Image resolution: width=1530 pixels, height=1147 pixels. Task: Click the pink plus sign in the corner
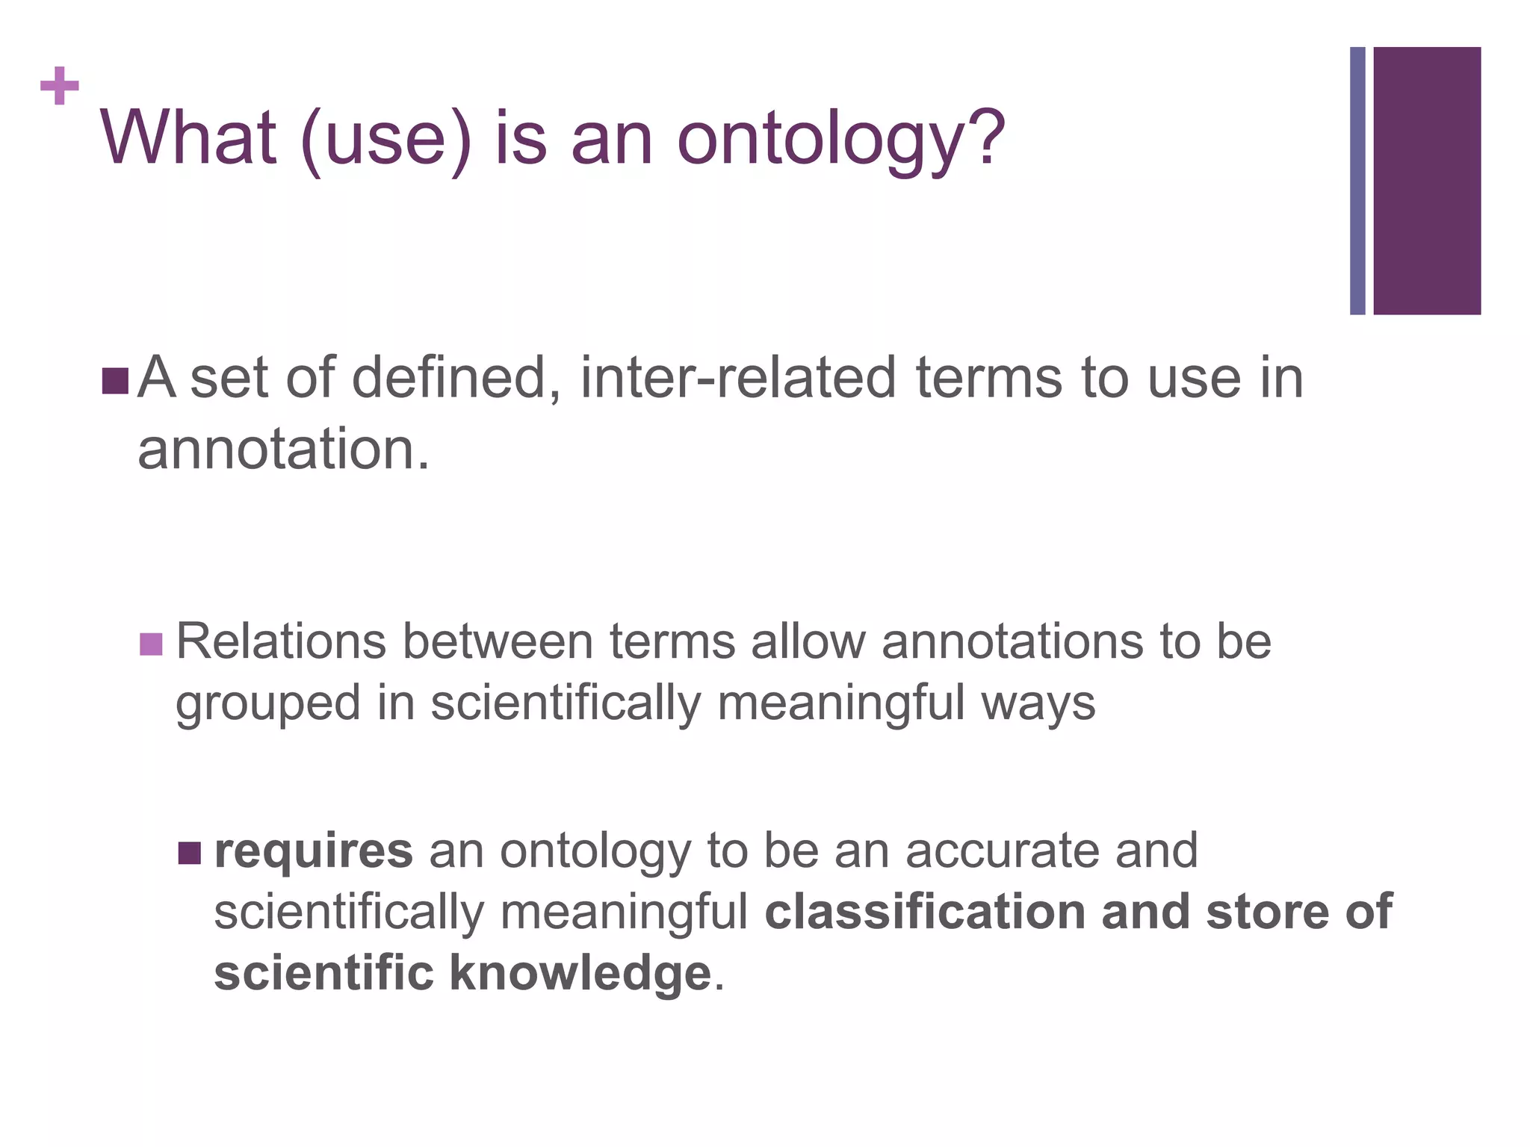pos(60,87)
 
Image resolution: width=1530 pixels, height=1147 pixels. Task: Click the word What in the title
pos(188,138)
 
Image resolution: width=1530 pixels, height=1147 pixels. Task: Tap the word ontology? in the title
pos(841,142)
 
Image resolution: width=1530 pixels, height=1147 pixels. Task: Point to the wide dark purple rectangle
pos(1427,181)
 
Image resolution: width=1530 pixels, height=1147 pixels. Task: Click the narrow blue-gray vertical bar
pos(1357,181)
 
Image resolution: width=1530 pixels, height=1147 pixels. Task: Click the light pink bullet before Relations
pos(151,644)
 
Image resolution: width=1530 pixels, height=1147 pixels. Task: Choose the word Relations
pos(281,641)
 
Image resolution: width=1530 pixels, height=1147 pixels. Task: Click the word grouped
pos(268,705)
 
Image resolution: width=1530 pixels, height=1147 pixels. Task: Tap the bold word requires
pos(313,851)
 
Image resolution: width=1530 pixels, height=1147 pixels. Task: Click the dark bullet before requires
pos(191,852)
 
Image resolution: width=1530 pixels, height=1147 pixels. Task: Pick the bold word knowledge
pos(580,974)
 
